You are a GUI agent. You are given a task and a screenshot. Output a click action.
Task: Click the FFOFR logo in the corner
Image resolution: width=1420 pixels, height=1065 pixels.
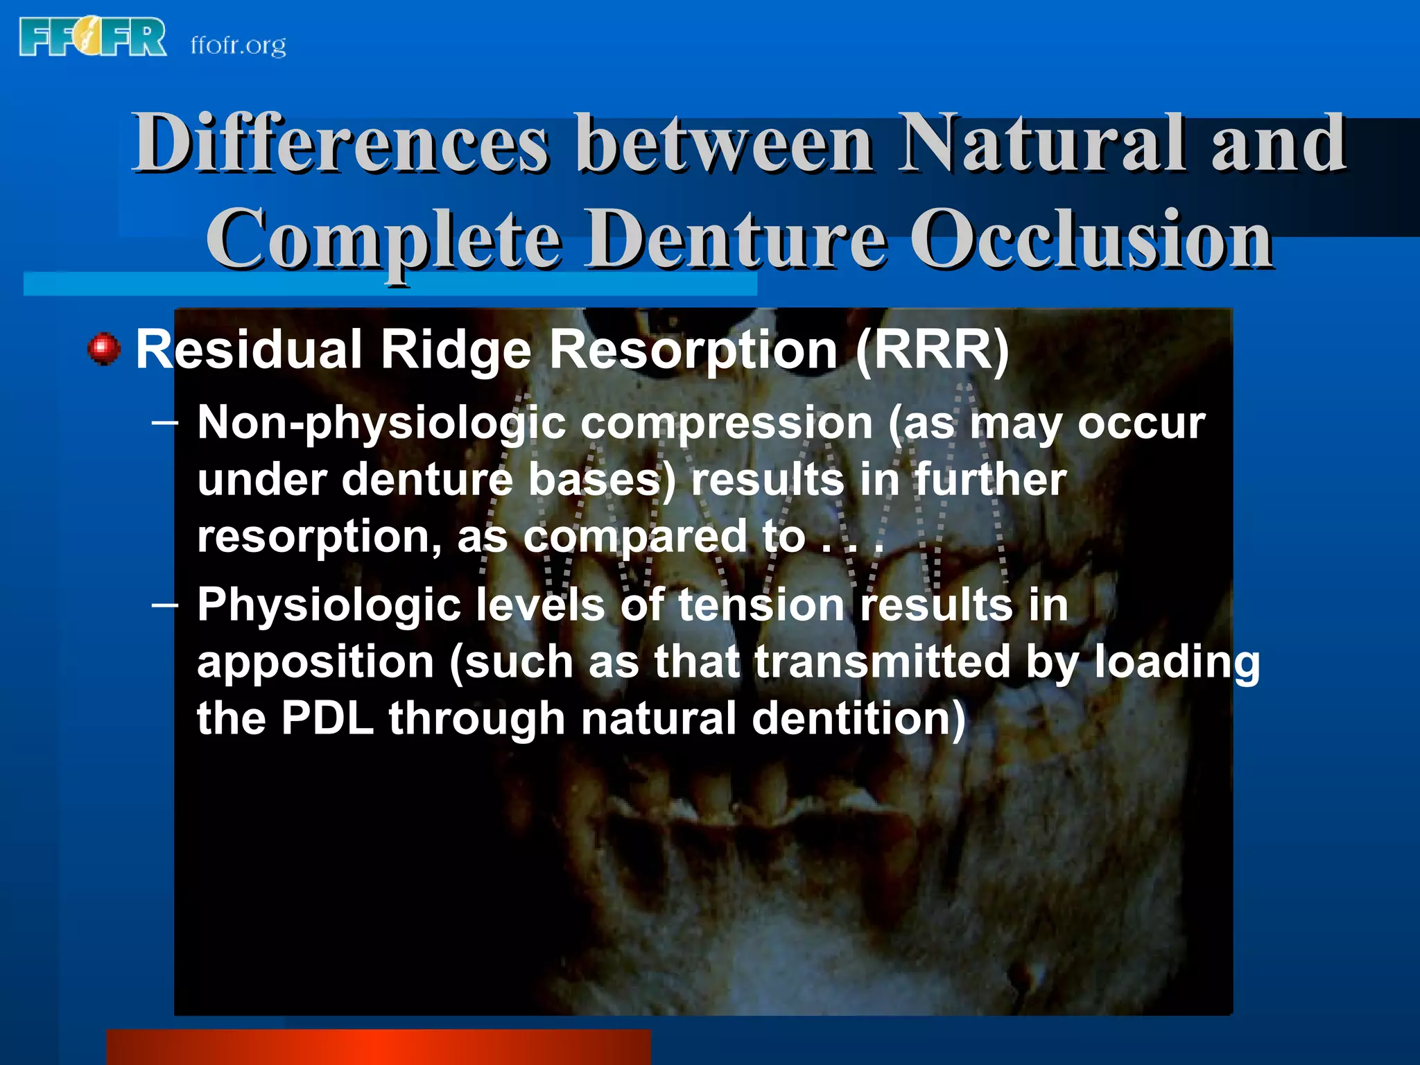[93, 38]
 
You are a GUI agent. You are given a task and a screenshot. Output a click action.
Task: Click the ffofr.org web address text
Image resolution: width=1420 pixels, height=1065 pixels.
[238, 46]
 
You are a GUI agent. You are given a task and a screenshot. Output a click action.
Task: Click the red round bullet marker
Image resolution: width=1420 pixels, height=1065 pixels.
[104, 349]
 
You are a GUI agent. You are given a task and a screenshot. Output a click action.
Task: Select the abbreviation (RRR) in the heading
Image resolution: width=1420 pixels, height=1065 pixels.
[933, 351]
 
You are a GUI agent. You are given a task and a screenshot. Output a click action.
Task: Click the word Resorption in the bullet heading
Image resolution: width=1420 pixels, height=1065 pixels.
[693, 351]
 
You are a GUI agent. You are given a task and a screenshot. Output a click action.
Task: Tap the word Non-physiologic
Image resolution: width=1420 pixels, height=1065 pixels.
[381, 424]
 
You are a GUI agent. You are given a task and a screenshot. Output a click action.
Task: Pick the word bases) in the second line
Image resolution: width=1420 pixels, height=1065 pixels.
[601, 480]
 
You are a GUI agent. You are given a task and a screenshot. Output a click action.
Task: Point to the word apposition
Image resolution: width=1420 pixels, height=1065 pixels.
[315, 662]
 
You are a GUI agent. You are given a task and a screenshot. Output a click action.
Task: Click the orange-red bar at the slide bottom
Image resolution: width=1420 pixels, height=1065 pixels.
[379, 1047]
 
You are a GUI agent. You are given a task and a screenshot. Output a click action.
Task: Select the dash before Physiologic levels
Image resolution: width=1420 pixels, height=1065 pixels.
[165, 605]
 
